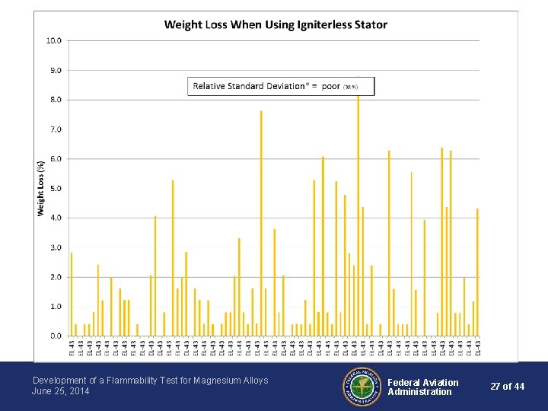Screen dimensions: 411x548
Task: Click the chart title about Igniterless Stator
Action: pyautogui.click(x=276, y=24)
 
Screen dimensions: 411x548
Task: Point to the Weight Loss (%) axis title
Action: pyautogui.click(x=40, y=188)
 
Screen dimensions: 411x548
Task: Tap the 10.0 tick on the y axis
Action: pyautogui.click(x=55, y=40)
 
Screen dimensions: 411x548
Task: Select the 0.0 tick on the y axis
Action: pyautogui.click(x=56, y=336)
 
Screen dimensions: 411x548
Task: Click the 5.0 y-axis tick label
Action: pyautogui.click(x=56, y=188)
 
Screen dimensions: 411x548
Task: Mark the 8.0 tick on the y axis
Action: pyautogui.click(x=56, y=100)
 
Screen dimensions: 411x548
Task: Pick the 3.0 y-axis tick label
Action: pyautogui.click(x=56, y=247)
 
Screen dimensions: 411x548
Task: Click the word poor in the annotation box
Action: pyautogui.click(x=331, y=86)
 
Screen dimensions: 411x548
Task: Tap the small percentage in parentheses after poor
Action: pyautogui.click(x=350, y=88)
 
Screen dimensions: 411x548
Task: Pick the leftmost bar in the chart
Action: pyautogui.click(x=72, y=294)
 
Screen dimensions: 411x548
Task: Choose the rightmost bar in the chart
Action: pyautogui.click(x=477, y=272)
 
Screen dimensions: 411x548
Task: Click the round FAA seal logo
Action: pyautogui.click(x=362, y=387)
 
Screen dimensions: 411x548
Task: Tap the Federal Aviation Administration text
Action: pyautogui.click(x=422, y=387)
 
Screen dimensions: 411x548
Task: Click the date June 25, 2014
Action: pyautogui.click(x=61, y=391)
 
